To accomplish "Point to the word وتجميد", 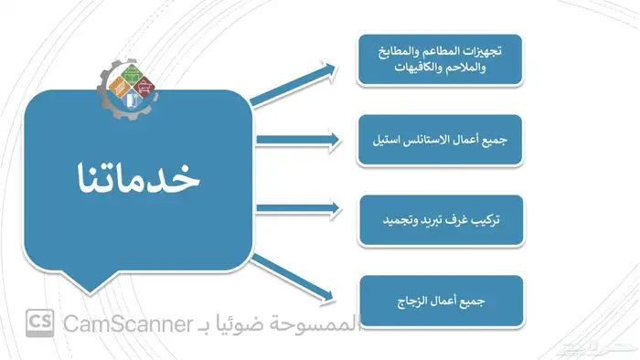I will click(x=390, y=220).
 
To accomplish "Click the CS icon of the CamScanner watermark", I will click(x=39, y=323).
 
